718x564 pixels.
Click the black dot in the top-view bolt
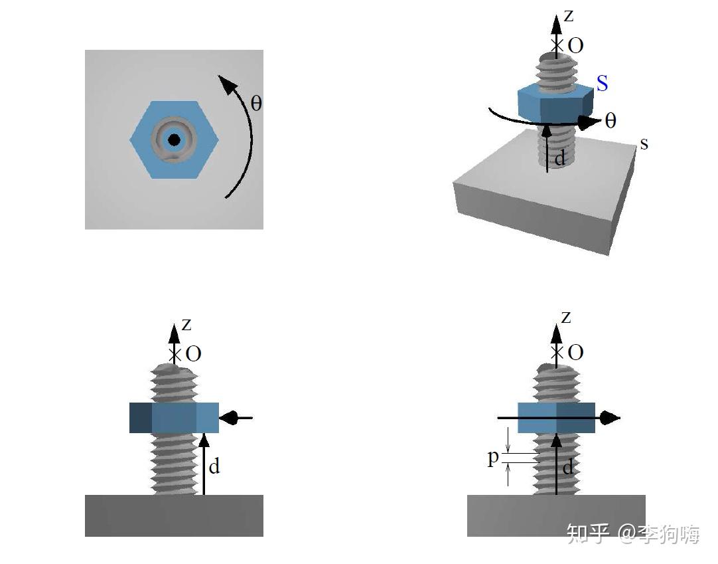[x=174, y=140]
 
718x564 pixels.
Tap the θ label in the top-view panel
[x=256, y=103]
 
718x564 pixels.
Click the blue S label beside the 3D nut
[x=602, y=83]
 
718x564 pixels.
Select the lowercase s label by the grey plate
[x=644, y=144]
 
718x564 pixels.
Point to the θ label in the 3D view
[x=610, y=121]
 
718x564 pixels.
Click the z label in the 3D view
[x=569, y=16]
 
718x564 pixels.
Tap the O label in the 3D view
[x=575, y=45]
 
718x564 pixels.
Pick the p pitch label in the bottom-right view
[x=492, y=458]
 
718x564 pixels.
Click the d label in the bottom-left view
[x=214, y=466]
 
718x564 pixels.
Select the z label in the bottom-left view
[x=186, y=325]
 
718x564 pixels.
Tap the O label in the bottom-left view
[x=194, y=353]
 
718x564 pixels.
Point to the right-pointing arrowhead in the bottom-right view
[x=610, y=418]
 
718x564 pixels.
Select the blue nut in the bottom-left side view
[x=174, y=418]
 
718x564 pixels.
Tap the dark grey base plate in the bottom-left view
[x=174, y=516]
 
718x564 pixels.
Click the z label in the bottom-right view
[x=567, y=318]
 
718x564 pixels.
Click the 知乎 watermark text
[x=589, y=533]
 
